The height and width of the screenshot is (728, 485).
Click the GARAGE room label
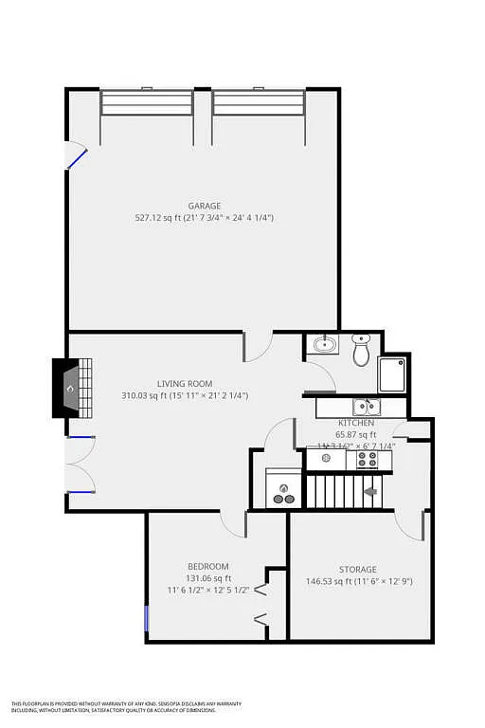204,206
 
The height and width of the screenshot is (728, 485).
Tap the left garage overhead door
147,101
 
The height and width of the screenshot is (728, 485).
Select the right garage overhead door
259,101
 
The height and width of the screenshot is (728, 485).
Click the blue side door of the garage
77,157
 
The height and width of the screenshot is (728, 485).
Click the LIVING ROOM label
185,384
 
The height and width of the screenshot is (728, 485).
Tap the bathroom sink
324,344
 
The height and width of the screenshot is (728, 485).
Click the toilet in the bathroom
361,350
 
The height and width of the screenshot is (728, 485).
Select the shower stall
392,373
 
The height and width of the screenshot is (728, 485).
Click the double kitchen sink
365,408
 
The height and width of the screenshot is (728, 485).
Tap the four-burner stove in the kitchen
368,460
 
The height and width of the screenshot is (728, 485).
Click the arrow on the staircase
370,491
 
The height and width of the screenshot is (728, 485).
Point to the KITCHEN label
356,423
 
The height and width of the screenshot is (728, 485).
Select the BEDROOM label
207,567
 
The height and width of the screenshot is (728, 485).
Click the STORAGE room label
359,570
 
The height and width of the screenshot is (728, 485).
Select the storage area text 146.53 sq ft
327,582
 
